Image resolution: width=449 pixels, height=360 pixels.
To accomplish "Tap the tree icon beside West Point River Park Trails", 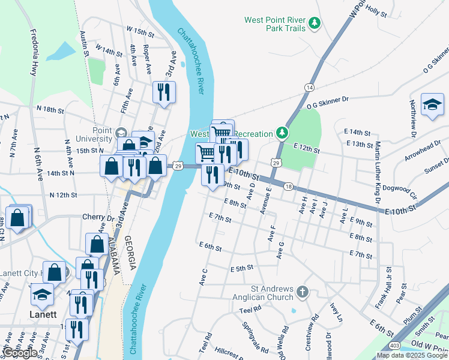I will [x=314, y=24].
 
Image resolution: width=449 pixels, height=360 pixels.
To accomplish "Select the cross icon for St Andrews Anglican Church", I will [x=303, y=293].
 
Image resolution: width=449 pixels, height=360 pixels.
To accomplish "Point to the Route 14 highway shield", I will [x=309, y=88].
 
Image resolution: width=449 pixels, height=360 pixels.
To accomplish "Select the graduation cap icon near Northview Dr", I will [x=432, y=106].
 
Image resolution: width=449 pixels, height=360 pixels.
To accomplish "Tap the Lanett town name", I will [x=43, y=314].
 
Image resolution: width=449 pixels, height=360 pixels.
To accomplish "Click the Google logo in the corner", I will [x=20, y=353].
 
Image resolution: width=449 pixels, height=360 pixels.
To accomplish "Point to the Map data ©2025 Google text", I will [x=412, y=355].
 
